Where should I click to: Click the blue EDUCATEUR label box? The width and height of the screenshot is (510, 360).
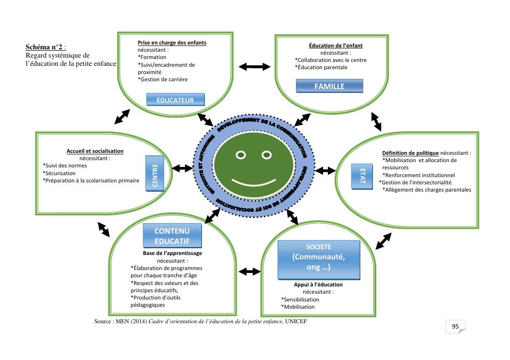click(x=175, y=100)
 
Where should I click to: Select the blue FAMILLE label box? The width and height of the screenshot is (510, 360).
click(x=329, y=86)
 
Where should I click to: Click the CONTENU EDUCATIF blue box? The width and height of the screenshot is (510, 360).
click(x=172, y=236)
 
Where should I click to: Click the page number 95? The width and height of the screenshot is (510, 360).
click(x=455, y=327)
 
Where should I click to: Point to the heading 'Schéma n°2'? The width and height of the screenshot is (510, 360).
click(x=44, y=47)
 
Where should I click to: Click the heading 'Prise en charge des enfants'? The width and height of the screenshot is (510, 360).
click(x=172, y=43)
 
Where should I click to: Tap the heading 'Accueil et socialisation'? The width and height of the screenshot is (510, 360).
click(x=95, y=151)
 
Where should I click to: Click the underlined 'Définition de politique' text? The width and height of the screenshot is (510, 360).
click(x=410, y=153)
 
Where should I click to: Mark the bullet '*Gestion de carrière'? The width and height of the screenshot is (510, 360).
click(x=163, y=79)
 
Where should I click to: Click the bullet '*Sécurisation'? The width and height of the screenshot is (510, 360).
click(x=59, y=173)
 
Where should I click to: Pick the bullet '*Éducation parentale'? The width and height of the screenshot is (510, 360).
click(x=321, y=67)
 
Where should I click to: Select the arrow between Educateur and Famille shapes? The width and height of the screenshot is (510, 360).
click(x=254, y=66)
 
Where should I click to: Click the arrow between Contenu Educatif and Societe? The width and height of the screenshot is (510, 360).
click(x=250, y=271)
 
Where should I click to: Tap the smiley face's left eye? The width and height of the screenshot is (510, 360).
click(x=241, y=155)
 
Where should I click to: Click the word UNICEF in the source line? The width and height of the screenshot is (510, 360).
click(x=296, y=322)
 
